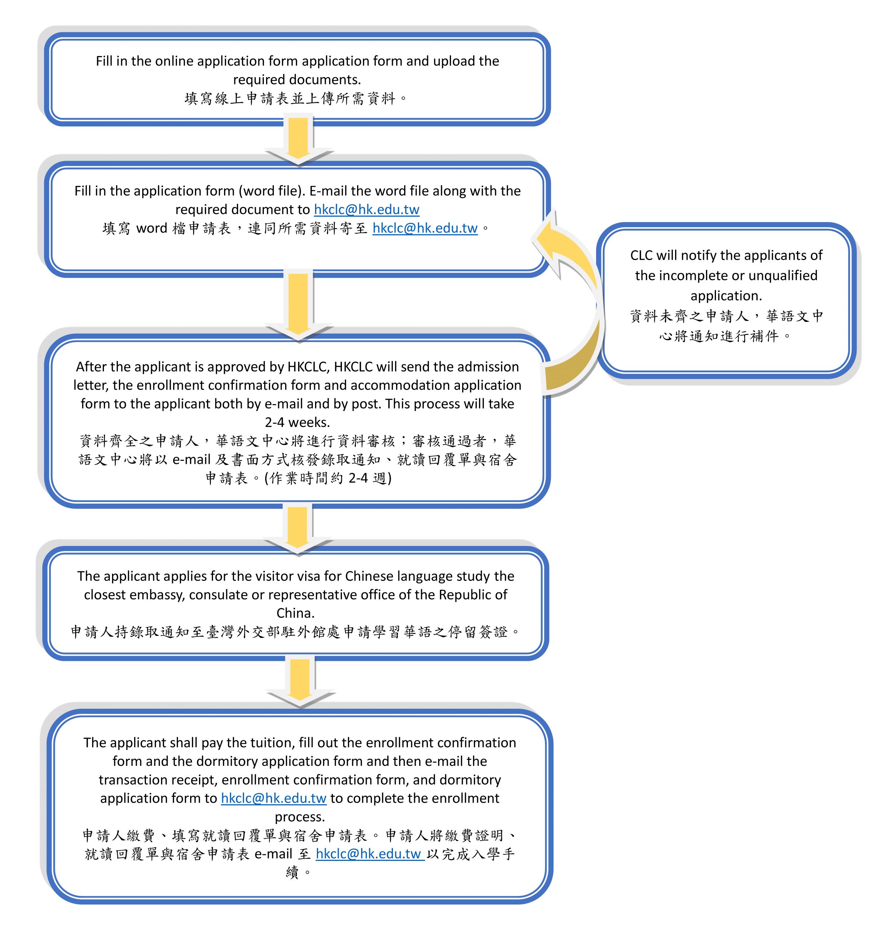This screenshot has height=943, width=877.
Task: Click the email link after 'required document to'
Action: coord(367,209)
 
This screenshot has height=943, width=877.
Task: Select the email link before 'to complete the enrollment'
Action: coord(274,798)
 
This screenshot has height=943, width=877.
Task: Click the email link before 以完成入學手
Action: coord(370,854)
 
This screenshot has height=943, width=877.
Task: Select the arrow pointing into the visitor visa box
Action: coord(298,530)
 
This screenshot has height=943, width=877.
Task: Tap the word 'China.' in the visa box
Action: coord(296,613)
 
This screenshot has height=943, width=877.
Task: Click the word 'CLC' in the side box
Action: coord(641,255)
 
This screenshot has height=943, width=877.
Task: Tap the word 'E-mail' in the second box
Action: coord(328,191)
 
